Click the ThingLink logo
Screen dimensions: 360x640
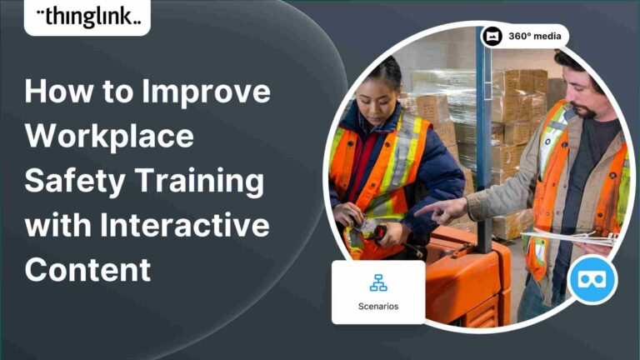click(87, 16)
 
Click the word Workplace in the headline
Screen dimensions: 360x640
click(109, 136)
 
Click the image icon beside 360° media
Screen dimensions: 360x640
click(492, 37)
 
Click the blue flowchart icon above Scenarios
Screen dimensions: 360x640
click(378, 284)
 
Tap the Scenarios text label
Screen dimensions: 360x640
click(378, 306)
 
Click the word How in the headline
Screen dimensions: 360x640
click(57, 92)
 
